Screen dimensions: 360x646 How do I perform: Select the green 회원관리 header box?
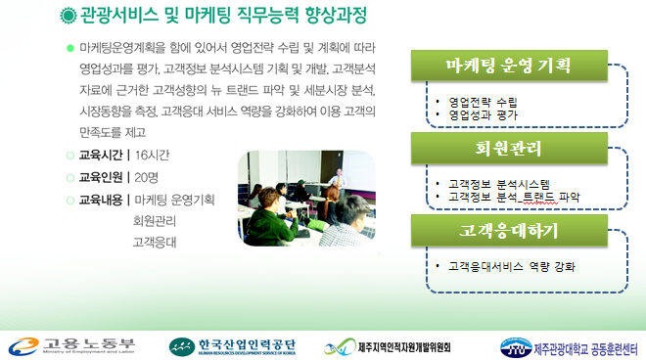(508, 149)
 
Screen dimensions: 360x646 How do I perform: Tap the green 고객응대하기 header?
(508, 232)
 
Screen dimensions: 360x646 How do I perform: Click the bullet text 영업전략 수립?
(483, 102)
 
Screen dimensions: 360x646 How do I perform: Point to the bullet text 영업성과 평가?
(483, 113)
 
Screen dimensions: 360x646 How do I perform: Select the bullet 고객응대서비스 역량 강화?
(510, 265)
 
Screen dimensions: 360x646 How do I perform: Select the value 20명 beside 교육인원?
(147, 178)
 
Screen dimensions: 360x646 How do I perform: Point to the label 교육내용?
(102, 200)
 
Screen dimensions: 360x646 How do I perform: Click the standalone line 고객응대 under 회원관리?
(152, 241)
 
